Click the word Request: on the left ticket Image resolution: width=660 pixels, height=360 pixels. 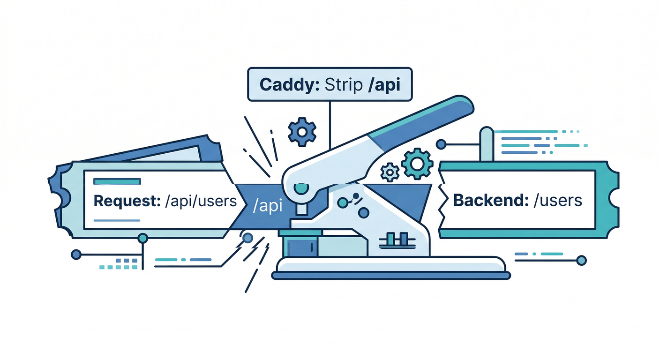[x=124, y=201]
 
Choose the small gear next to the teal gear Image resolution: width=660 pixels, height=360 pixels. [x=390, y=172]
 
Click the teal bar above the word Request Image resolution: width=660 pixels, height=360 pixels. [x=117, y=181]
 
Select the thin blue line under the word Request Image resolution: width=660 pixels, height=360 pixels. [x=117, y=220]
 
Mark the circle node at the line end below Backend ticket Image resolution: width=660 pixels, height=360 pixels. [x=582, y=260]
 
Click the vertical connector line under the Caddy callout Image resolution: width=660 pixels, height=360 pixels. [x=330, y=124]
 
